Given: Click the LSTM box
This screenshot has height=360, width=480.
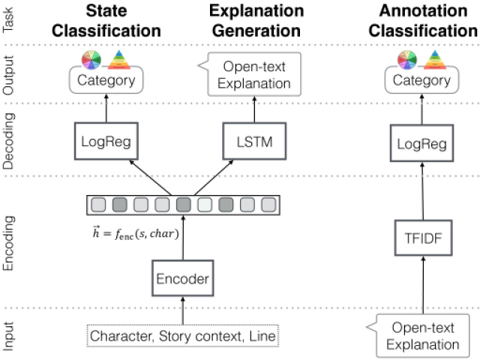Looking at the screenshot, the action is (254, 141).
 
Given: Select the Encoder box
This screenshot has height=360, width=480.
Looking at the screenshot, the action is (183, 278).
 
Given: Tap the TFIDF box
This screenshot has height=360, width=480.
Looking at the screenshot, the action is (423, 238).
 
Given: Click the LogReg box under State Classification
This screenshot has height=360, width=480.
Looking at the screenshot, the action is (106, 141).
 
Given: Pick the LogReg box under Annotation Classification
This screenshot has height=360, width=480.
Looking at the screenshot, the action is (421, 143).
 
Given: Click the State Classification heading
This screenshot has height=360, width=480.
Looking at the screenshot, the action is (106, 21).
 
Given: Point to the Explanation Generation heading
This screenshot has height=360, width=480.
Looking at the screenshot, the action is (256, 21).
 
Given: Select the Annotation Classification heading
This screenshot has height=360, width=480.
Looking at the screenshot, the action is (423, 21).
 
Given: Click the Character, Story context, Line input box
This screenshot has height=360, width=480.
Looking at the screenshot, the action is (183, 336).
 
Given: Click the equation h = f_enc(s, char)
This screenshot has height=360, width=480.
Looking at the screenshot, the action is (136, 233).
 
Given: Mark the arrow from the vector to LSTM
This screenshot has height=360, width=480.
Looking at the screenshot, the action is (214, 178).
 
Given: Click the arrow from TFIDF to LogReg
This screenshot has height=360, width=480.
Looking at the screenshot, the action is (423, 191).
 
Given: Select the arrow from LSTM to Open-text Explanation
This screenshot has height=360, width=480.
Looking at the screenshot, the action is (254, 109).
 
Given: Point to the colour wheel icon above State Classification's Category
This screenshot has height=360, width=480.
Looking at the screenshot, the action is (91, 60).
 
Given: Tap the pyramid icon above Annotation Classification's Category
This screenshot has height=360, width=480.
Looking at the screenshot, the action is (435, 60).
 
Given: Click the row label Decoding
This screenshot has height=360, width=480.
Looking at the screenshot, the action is (8, 141).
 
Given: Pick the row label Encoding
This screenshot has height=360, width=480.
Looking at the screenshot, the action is (8, 243).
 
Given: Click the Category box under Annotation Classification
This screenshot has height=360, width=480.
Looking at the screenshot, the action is (421, 80).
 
